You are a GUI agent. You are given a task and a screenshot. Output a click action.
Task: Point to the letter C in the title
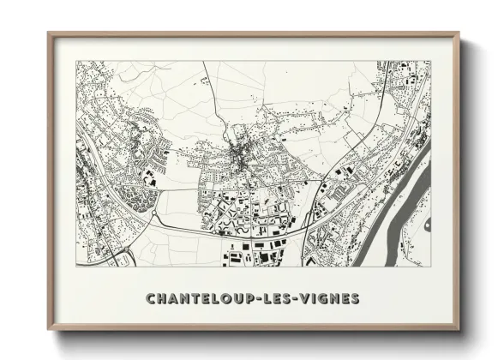coord(151,299)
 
